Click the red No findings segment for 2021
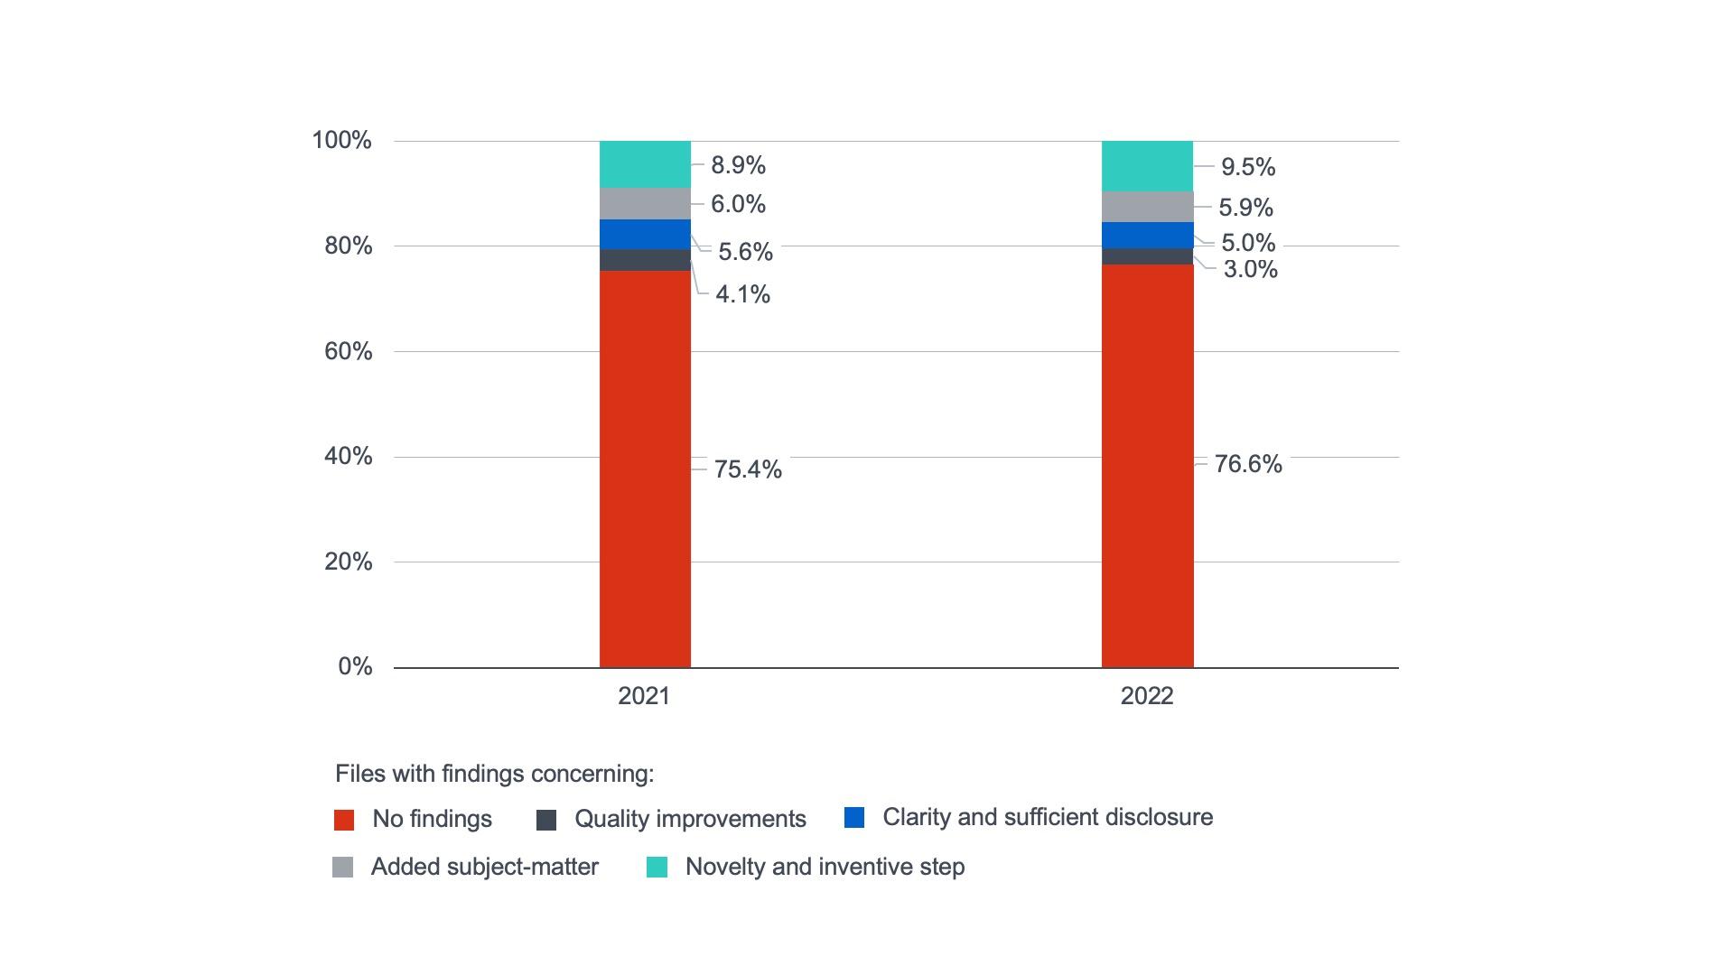point(645,469)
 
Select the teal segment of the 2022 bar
point(1147,166)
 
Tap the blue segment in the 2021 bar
point(645,234)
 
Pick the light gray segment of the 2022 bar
point(1147,207)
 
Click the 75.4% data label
point(748,469)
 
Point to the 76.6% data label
point(1248,464)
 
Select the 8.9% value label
point(738,165)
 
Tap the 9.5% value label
point(1248,167)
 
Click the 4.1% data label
point(742,294)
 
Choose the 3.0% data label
point(1250,269)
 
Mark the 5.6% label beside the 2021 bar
point(745,252)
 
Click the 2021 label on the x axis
point(644,696)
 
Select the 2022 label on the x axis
point(1147,696)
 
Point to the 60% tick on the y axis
point(348,351)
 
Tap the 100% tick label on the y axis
point(341,140)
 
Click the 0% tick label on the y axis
point(355,666)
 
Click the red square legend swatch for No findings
point(344,820)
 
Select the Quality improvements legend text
point(690,819)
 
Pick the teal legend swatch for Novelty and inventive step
point(657,868)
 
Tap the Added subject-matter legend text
point(484,867)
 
